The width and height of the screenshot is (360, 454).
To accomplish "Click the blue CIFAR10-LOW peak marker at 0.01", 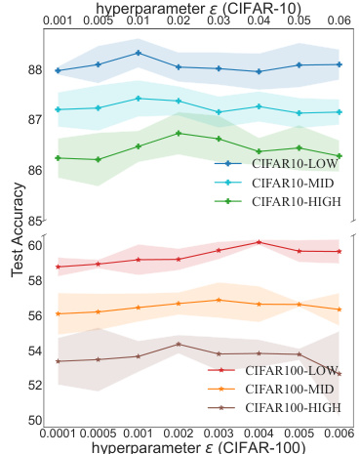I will pyautogui.click(x=139, y=53).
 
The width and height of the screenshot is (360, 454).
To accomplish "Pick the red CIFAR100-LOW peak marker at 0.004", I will pyautogui.click(x=259, y=241).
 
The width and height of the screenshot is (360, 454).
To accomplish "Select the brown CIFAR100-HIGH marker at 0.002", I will pyautogui.click(x=179, y=344).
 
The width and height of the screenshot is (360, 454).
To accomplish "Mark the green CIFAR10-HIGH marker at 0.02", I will pyautogui.click(x=179, y=133).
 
